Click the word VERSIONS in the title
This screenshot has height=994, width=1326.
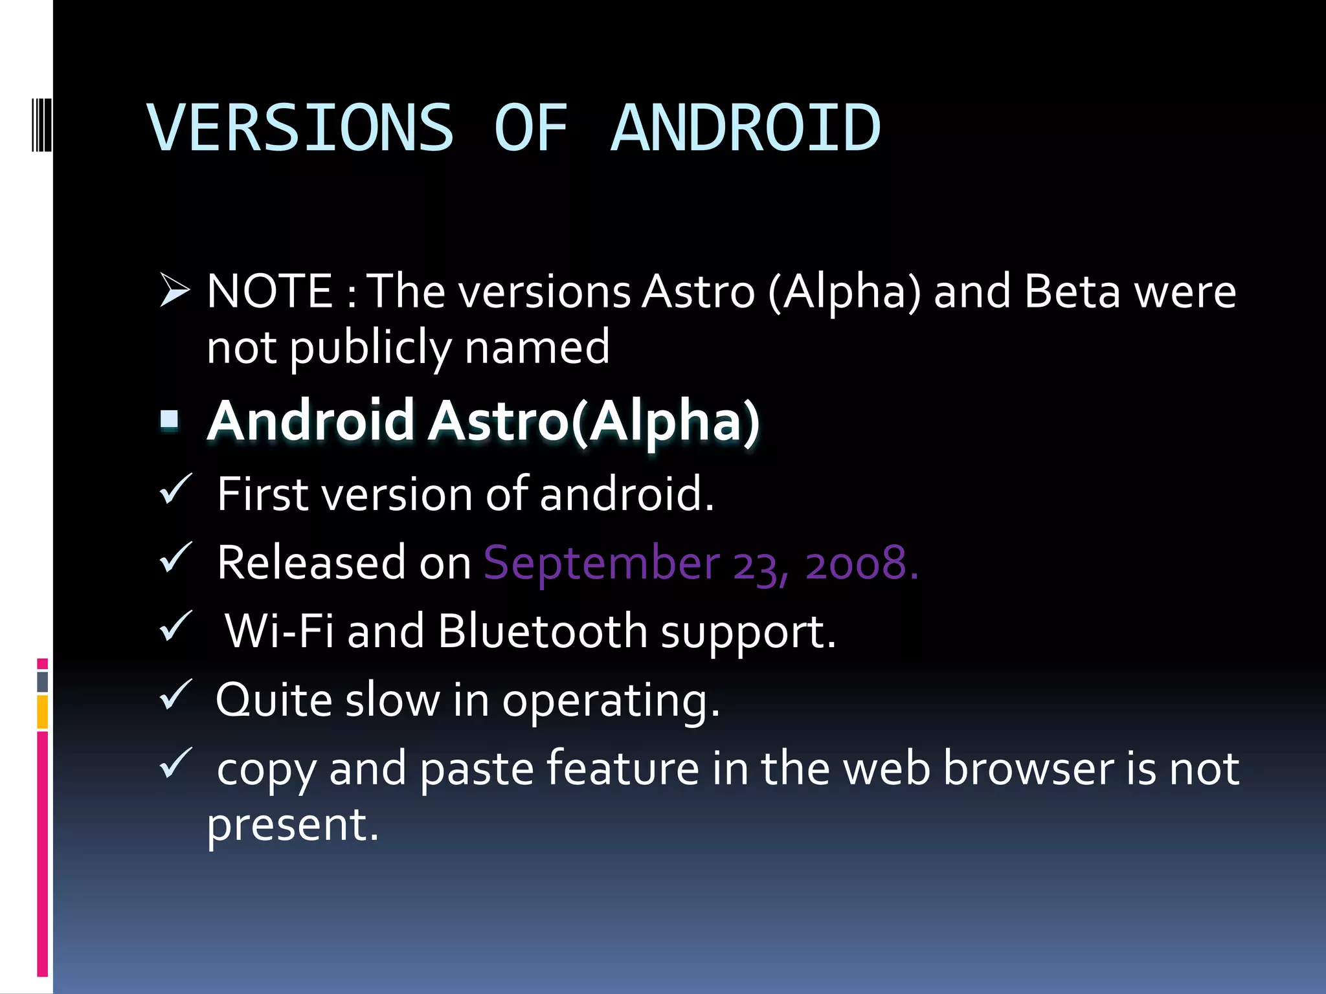[300, 128]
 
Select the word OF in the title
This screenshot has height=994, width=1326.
[531, 128]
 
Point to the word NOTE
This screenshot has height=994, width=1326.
[269, 291]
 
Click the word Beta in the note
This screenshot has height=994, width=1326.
[1072, 291]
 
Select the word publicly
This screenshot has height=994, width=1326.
[370, 348]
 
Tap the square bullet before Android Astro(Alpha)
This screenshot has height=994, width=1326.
[170, 419]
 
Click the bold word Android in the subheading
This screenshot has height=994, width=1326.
[311, 421]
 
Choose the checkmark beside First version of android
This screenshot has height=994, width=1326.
[175, 489]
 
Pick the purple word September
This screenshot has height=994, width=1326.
[601, 563]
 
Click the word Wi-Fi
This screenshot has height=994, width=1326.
[279, 631]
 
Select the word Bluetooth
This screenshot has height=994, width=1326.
[542, 631]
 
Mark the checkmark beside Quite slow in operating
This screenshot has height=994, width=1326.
[175, 695]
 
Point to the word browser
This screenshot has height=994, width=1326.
[1028, 769]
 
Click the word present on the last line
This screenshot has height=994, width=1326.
[286, 825]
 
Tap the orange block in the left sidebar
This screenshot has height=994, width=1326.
[42, 712]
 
